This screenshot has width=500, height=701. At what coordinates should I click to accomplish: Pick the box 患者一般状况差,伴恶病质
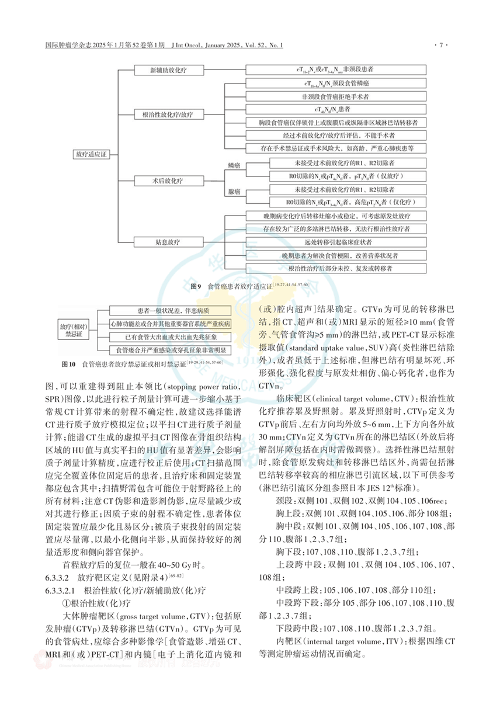[170, 311]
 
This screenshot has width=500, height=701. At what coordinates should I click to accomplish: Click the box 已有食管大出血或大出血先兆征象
[170, 336]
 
